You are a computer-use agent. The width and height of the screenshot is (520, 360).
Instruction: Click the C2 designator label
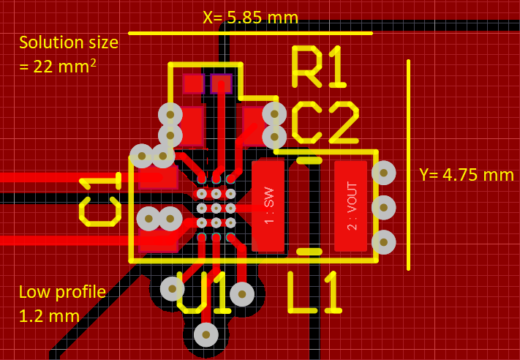[x=325, y=122]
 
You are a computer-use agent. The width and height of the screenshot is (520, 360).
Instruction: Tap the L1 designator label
[x=314, y=293]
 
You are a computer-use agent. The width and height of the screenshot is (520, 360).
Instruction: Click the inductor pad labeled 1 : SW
[x=268, y=206]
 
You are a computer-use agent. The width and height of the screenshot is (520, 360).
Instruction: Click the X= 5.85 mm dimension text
[x=251, y=16]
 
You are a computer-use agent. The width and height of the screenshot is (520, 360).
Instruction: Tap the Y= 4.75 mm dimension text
[x=466, y=175]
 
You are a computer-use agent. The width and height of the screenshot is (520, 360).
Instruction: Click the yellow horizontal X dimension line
[x=250, y=33]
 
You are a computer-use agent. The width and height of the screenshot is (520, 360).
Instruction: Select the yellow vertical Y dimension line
[x=408, y=165]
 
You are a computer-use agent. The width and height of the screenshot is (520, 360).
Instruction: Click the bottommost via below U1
[x=206, y=334]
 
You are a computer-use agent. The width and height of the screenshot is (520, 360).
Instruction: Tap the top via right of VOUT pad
[x=383, y=173]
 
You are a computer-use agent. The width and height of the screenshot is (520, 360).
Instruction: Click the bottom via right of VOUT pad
[x=383, y=241]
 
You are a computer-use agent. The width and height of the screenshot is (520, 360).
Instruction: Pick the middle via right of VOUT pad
[x=383, y=207]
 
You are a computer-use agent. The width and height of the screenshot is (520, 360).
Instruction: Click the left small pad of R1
[x=194, y=84]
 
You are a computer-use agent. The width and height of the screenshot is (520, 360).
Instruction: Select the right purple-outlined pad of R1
[x=221, y=84]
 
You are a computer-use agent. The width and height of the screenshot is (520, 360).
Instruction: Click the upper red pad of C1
[x=158, y=176]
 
